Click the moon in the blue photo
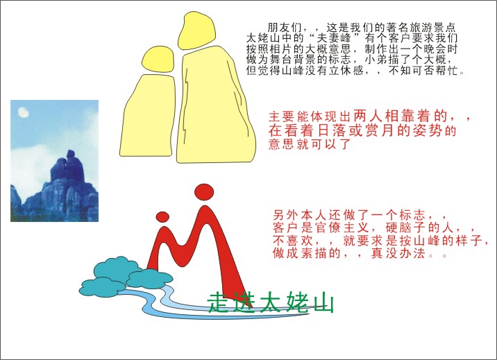click(x=24, y=112)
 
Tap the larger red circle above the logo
click(x=204, y=192)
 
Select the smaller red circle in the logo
click(x=162, y=217)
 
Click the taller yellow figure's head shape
click(x=197, y=31)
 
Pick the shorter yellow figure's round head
click(x=158, y=60)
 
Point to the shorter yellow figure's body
click(x=148, y=116)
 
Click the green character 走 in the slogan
click(x=219, y=302)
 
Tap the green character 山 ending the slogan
click(x=323, y=303)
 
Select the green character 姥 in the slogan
click(x=297, y=302)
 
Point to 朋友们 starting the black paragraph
click(x=285, y=28)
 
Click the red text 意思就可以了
click(x=310, y=144)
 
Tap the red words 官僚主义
click(x=342, y=228)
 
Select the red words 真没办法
click(x=398, y=253)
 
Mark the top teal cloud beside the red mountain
click(x=117, y=268)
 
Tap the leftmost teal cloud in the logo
click(x=102, y=287)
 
